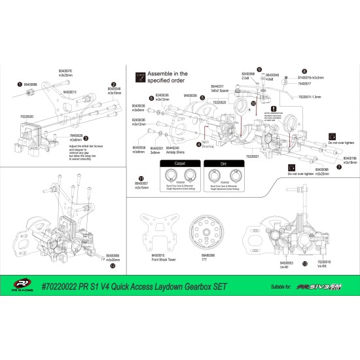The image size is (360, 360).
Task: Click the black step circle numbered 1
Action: [19, 84]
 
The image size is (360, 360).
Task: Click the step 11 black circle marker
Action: [141, 177]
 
